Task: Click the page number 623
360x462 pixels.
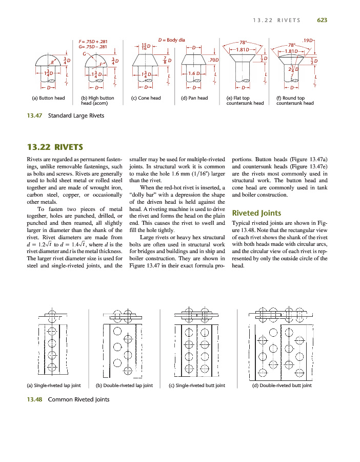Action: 322,20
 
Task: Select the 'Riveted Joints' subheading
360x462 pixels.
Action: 256,213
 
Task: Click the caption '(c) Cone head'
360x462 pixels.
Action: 146,98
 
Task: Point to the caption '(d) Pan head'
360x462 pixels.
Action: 194,98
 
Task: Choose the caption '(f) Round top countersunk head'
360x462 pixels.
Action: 295,101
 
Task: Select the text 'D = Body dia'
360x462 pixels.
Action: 172,40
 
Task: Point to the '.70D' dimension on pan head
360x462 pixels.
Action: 214,60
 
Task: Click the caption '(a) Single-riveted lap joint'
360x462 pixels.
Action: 54,386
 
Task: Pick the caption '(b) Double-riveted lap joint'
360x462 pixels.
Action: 125,386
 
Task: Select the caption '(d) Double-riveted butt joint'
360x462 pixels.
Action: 282,386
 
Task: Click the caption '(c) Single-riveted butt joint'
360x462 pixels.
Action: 197,386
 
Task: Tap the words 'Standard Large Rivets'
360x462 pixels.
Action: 76,115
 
